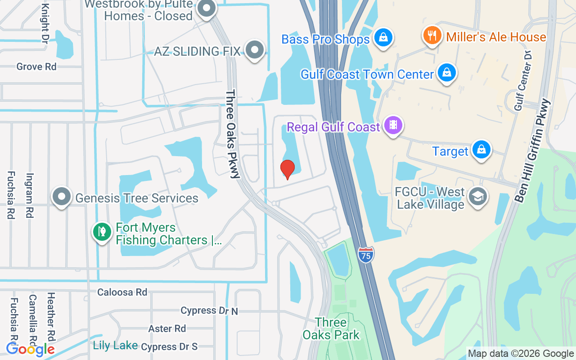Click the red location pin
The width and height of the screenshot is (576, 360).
[x=287, y=169]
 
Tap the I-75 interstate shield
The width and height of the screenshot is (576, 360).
[x=366, y=255]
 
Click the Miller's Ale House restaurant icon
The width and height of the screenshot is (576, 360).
[x=432, y=35]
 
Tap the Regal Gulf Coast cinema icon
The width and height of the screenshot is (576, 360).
[x=393, y=125]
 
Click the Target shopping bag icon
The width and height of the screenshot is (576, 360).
[x=481, y=149]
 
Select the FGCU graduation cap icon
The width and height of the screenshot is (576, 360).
[x=477, y=196]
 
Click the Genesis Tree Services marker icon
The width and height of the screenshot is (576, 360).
[x=62, y=197]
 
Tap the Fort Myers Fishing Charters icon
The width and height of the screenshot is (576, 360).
[x=102, y=232]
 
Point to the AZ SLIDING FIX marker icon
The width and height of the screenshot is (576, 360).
[x=255, y=49]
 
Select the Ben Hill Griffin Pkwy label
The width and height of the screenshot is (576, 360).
[x=534, y=150]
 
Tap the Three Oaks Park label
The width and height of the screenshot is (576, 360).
[x=331, y=328]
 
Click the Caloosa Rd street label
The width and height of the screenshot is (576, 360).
[x=122, y=292]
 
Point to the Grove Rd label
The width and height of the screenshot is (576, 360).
[x=36, y=67]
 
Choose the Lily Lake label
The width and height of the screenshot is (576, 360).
[x=115, y=346]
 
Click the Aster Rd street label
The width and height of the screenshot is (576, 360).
[x=167, y=328]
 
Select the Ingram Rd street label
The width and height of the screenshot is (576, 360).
[x=30, y=196]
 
